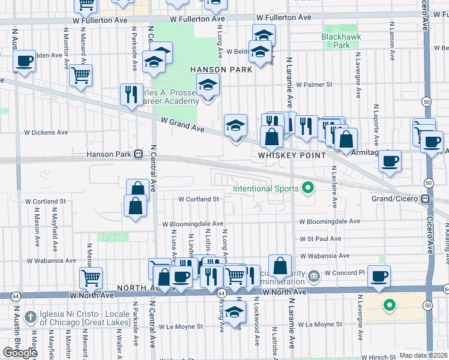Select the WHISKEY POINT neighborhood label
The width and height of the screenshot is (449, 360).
pyautogui.click(x=291, y=155)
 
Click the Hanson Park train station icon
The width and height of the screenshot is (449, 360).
pyautogui.click(x=139, y=154)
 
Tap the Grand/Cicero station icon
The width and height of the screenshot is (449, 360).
pyautogui.click(x=426, y=199)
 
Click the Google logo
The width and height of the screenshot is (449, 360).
pyautogui.click(x=20, y=353)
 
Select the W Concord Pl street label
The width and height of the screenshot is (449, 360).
pyautogui.click(x=345, y=272)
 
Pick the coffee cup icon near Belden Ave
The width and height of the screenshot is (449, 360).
pyautogui.click(x=24, y=61)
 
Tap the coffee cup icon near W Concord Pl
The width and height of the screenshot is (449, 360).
pyautogui.click(x=379, y=276)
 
